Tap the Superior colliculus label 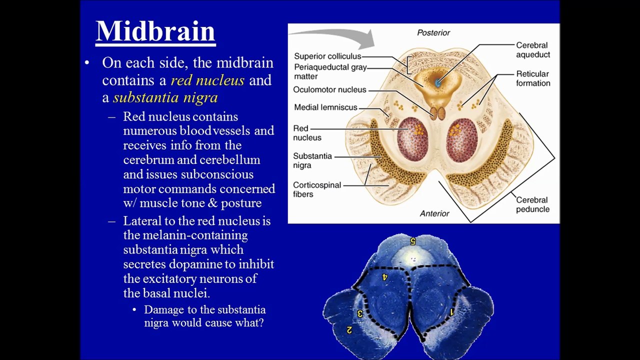327,56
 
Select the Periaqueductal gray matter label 330,71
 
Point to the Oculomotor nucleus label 329,89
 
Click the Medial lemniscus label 325,107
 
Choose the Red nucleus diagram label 307,133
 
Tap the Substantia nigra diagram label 312,160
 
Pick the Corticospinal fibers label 317,189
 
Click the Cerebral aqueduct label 533,49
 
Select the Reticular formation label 533,78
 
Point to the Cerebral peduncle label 532,204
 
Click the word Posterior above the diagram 433,33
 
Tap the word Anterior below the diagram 434,213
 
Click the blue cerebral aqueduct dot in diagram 437,83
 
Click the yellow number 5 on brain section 412,241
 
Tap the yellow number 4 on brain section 385,277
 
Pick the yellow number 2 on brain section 349,330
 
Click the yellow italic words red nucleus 207,80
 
